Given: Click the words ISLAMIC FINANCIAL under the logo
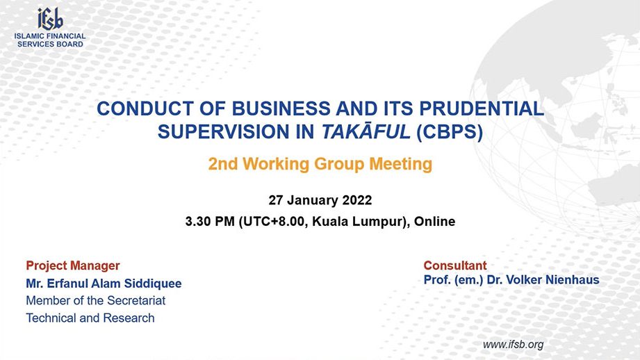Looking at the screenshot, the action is coord(50,36).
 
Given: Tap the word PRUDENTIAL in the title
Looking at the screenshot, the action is coord(482,108).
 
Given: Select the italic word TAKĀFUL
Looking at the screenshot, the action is coord(366,131).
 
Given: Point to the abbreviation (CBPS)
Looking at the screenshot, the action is coord(450,132).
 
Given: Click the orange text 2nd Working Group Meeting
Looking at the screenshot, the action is coord(320,164).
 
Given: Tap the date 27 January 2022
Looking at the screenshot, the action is coord(320,200).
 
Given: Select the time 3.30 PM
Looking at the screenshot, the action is coord(210,221).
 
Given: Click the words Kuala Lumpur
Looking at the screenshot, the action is coord(358,222).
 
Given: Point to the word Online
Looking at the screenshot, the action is coord(435,221).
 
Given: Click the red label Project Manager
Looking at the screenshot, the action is coord(73,265).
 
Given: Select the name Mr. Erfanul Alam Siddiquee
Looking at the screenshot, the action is coord(104,284).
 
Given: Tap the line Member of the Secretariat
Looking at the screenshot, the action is coord(95,300).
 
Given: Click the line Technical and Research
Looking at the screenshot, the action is coord(90,318).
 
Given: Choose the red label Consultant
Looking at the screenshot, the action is coord(455,265).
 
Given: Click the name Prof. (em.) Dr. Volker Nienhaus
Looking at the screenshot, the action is coord(511,279).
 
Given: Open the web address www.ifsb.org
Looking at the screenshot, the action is coord(513,345).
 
